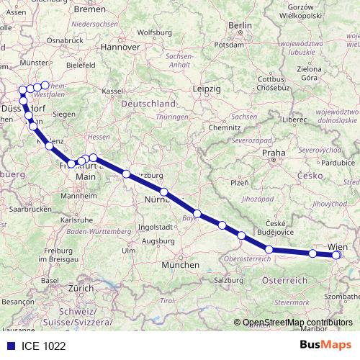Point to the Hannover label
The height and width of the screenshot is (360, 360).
[x=120, y=46]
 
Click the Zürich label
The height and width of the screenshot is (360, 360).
[x=81, y=287]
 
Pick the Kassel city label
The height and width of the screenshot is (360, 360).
[x=112, y=91]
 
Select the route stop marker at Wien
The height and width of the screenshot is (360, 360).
[x=336, y=254]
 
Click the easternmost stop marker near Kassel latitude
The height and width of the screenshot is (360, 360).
[x=45, y=86]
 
